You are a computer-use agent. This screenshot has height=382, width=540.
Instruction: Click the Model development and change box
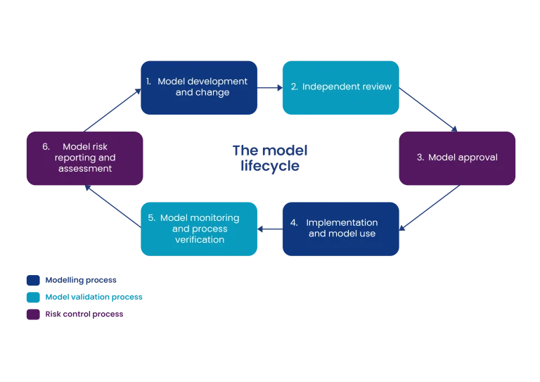[x=199, y=88]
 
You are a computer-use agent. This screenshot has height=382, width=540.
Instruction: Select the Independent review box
[x=340, y=88]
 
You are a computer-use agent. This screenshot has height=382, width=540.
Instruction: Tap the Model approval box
[x=457, y=158]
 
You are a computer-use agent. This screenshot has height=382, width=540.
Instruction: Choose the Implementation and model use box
[x=340, y=229]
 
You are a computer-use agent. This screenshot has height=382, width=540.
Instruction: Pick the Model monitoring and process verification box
[x=199, y=229]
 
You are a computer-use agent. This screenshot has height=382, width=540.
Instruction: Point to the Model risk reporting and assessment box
[x=84, y=158]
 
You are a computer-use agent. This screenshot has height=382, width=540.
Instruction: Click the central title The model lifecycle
[x=270, y=159]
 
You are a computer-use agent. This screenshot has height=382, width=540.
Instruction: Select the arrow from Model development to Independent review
[x=270, y=87]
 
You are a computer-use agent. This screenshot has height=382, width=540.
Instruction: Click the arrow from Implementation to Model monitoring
[x=270, y=229]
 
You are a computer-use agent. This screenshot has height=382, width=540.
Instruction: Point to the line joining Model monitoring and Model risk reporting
[x=112, y=205]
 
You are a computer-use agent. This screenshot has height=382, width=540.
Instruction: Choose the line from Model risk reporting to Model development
[x=112, y=110]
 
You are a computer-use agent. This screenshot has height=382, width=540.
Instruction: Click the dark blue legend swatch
[x=32, y=280]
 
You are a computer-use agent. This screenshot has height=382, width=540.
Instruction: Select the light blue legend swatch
[x=32, y=298]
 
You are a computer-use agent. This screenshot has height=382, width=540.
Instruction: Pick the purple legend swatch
[x=32, y=315]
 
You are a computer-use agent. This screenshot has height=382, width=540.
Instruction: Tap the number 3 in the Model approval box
[x=420, y=158]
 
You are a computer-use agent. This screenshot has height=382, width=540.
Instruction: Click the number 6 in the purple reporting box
[x=46, y=147]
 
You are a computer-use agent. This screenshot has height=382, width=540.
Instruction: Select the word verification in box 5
[x=200, y=240]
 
